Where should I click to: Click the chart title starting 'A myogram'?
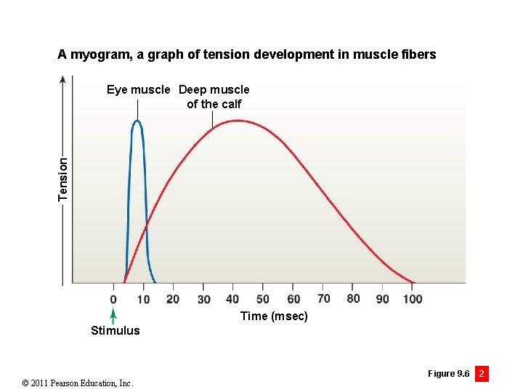247,54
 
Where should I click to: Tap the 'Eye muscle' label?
139,90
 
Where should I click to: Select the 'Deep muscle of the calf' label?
214,97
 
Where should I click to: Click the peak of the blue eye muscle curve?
137,121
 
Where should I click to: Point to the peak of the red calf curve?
237,121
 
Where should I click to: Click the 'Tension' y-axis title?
63,179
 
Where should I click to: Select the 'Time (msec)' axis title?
274,316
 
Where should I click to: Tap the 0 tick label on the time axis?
113,299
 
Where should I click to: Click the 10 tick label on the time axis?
143,299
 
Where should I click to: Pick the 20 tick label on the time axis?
173,299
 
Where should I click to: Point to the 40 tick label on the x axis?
232,299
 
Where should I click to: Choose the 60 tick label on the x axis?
293,299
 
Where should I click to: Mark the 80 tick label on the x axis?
353,298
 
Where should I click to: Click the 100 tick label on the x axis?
412,299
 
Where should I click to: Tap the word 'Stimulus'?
115,331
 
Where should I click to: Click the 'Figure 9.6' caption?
448,374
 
